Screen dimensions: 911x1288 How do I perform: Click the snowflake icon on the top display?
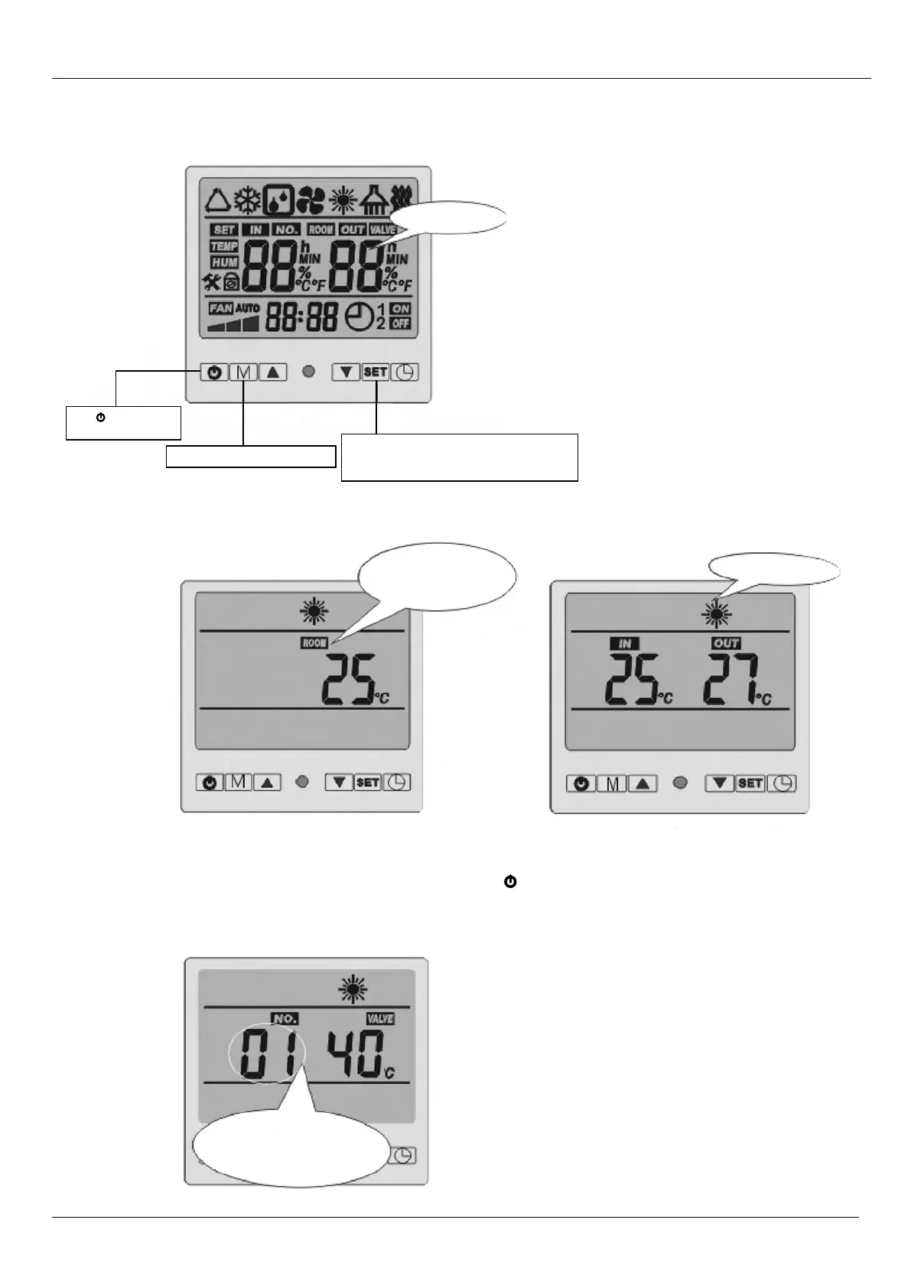[x=247, y=200]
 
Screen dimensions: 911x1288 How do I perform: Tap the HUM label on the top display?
[x=223, y=262]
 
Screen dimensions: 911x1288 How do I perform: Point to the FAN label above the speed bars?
[x=220, y=308]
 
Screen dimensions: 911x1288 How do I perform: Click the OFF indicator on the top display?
[x=400, y=324]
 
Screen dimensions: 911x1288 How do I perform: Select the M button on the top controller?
[x=243, y=372]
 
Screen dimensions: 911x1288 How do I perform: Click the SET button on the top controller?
[x=376, y=372]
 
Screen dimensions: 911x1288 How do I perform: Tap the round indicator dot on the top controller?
[x=309, y=372]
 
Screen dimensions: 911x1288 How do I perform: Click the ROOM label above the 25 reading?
[x=314, y=643]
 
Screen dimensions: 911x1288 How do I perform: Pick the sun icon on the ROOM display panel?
[x=314, y=611]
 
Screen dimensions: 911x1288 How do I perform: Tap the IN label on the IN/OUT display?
[x=625, y=643]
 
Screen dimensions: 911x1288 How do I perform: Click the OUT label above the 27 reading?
[x=725, y=643]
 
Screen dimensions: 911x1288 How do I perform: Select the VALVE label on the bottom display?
[x=379, y=1019]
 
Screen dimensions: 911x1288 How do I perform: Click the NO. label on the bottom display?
[x=285, y=1019]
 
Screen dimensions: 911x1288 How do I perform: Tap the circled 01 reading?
[x=267, y=1054]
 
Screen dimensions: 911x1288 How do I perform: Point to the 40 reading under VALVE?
[x=356, y=1054]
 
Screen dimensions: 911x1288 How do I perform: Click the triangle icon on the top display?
[x=216, y=200]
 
